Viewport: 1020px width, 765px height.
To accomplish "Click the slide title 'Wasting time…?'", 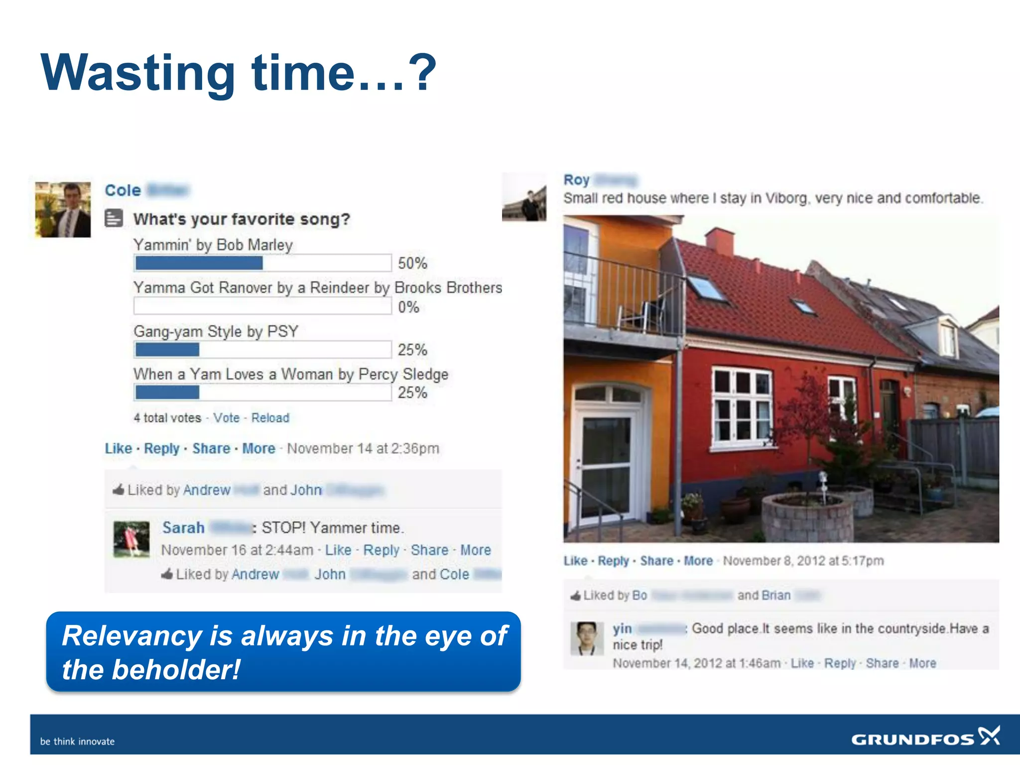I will (238, 73).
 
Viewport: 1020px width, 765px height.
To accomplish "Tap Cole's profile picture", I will (63, 210).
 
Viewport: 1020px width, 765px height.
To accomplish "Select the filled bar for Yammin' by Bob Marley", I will (199, 263).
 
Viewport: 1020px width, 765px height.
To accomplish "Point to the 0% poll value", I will (408, 307).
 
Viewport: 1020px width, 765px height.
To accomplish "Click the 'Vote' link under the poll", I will (226, 418).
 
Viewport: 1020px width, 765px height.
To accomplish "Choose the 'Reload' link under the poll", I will (270, 418).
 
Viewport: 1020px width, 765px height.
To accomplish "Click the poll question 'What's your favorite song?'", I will (242, 219).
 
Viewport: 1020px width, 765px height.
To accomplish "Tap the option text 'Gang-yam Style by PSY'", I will (216, 331).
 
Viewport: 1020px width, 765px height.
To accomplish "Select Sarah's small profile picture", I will (131, 539).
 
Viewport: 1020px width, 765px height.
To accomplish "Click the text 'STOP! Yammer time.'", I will (333, 527).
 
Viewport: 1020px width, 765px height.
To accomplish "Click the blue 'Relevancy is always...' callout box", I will (283, 652).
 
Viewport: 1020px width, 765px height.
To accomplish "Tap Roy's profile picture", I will (524, 198).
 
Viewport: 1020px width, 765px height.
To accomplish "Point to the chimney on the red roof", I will (719, 241).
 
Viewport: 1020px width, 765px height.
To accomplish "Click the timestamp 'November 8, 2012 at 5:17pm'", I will (803, 561).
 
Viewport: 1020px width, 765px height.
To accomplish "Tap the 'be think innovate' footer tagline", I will (77, 741).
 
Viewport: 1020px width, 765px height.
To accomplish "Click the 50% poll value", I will (412, 263).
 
